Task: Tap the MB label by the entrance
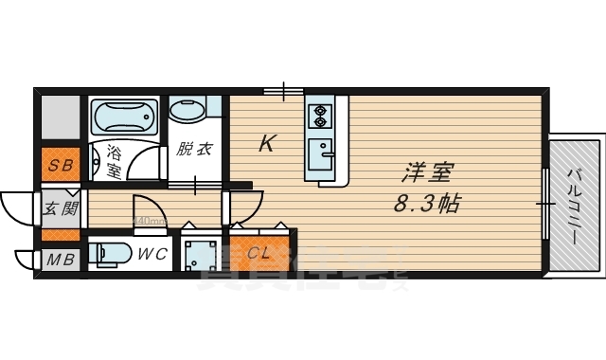(x=59, y=258)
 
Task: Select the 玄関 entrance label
(x=60, y=207)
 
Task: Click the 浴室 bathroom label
(x=114, y=162)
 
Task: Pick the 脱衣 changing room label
(x=193, y=150)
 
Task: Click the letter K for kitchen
(x=268, y=144)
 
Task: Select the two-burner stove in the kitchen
(x=319, y=116)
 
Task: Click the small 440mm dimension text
(x=150, y=222)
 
